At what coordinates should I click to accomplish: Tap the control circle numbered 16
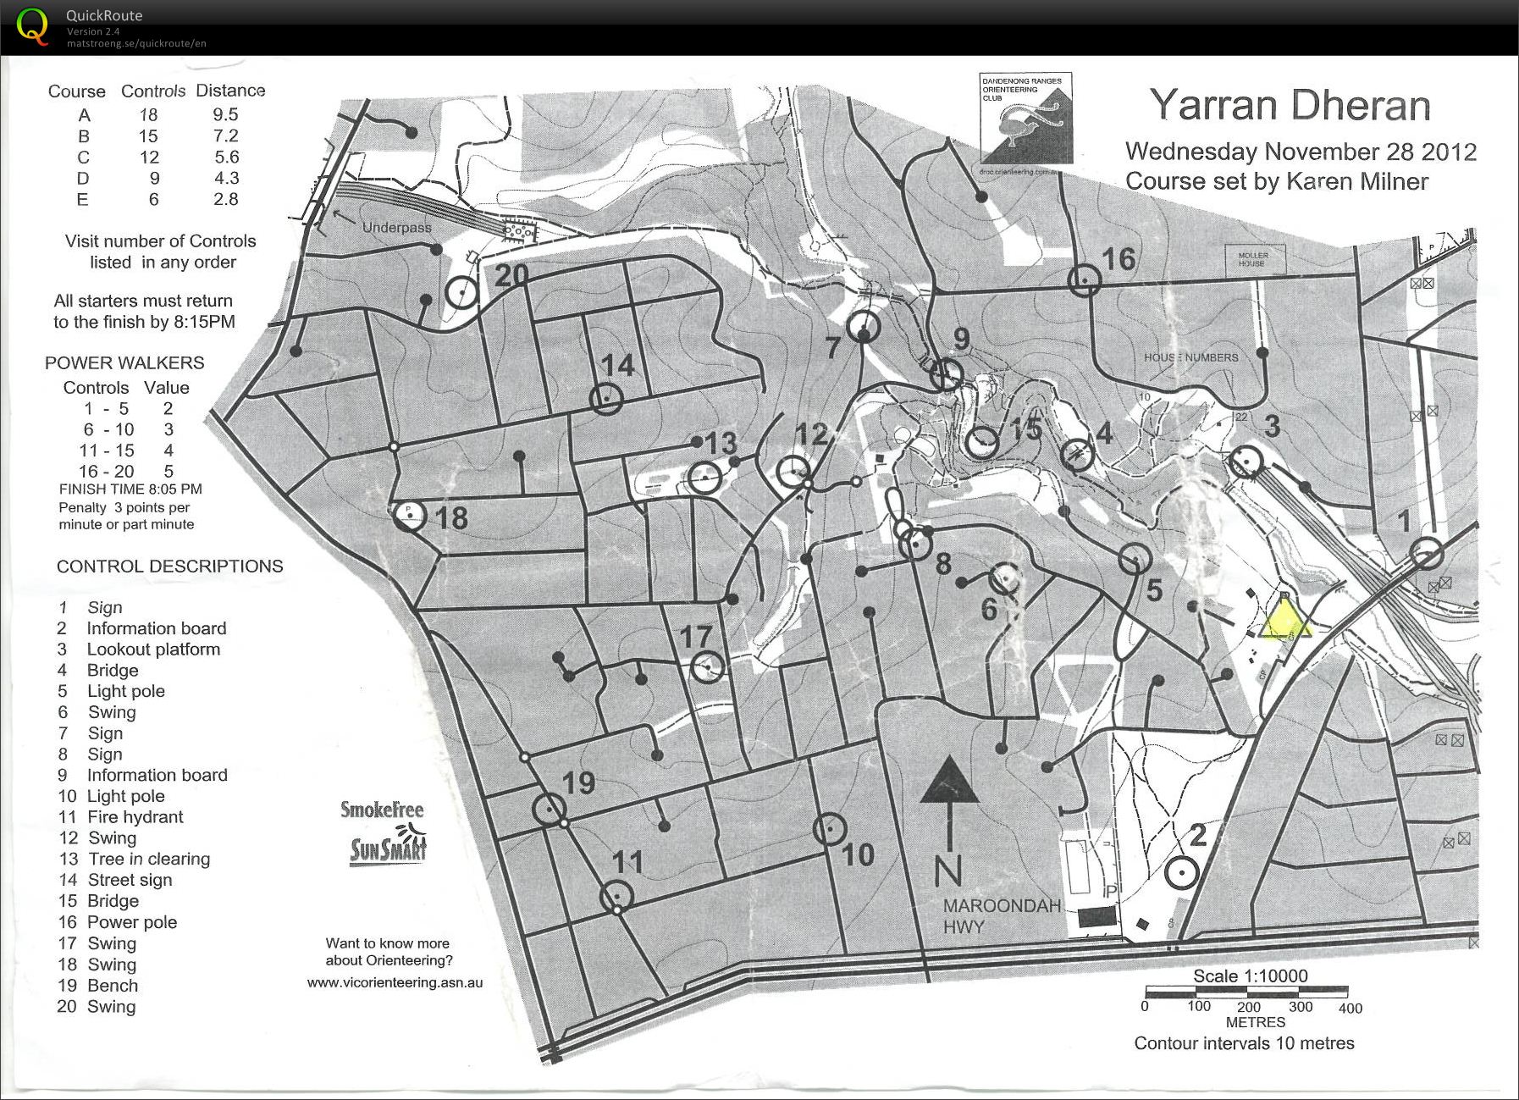(x=1084, y=279)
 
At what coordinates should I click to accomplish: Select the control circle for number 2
(x=1181, y=872)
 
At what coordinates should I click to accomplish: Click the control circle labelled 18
(x=410, y=515)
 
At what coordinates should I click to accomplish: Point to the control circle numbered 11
(x=616, y=896)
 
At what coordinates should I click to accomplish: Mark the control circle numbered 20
(x=462, y=292)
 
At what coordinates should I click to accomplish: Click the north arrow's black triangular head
(x=949, y=781)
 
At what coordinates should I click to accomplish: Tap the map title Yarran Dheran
(x=1290, y=106)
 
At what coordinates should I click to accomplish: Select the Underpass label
(x=396, y=227)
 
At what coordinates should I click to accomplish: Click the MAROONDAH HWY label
(x=1001, y=916)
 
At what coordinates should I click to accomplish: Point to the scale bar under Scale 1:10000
(x=1246, y=991)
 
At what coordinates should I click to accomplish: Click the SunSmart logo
(x=388, y=846)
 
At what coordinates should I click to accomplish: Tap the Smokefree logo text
(x=381, y=810)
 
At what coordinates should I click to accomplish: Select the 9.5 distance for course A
(x=225, y=114)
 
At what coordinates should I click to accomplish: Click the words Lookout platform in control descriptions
(x=153, y=649)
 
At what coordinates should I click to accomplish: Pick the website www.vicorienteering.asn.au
(x=395, y=982)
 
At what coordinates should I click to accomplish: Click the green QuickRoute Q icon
(x=32, y=27)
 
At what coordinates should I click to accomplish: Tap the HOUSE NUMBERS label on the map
(x=1190, y=357)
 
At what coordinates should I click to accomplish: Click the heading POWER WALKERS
(x=124, y=362)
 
